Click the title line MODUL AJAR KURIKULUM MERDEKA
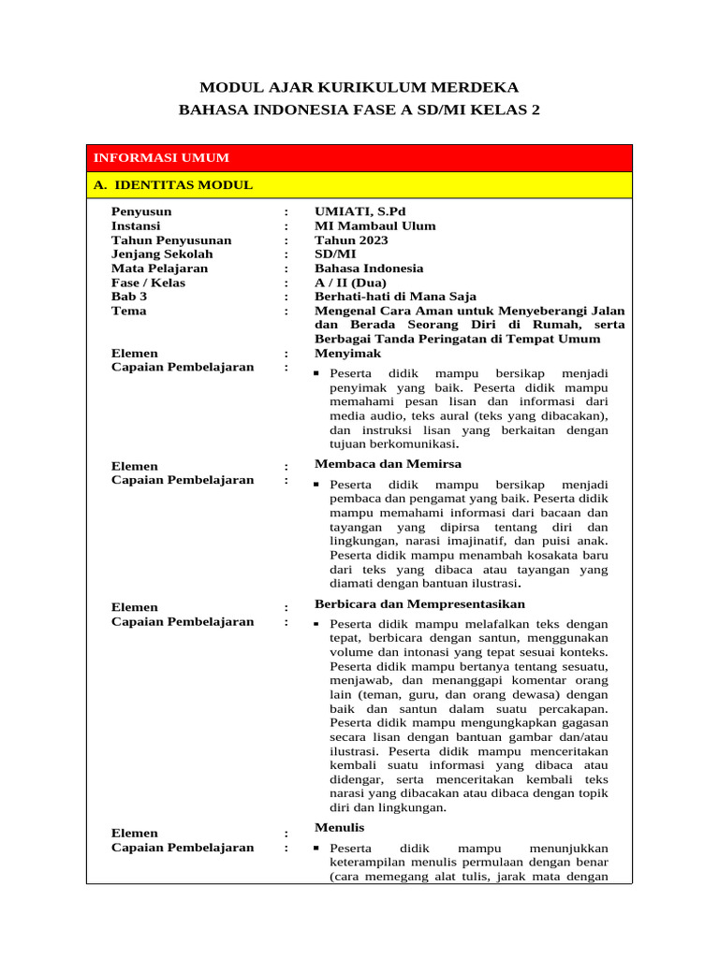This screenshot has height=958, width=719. point(359,87)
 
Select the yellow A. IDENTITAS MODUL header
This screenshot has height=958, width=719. point(173,184)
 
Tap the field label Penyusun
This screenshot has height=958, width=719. point(141,211)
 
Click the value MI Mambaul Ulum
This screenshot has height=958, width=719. point(374,225)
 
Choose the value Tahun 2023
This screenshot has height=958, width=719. point(351,239)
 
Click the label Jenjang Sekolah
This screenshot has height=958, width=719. point(162,254)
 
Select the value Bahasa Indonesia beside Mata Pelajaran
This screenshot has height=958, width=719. point(368,268)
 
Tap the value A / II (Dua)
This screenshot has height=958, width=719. point(350,282)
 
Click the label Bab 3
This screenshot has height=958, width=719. point(129,296)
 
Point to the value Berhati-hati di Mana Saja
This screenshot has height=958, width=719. point(395,296)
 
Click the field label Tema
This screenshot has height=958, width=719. point(128,310)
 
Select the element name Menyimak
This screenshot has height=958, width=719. point(347,354)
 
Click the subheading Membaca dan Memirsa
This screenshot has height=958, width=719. point(388,463)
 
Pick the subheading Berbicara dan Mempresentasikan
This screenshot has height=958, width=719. point(419,603)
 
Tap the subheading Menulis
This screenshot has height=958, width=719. point(339,827)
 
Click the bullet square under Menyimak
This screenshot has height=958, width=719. point(318,374)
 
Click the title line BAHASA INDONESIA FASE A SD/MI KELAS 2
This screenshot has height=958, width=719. point(359,110)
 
